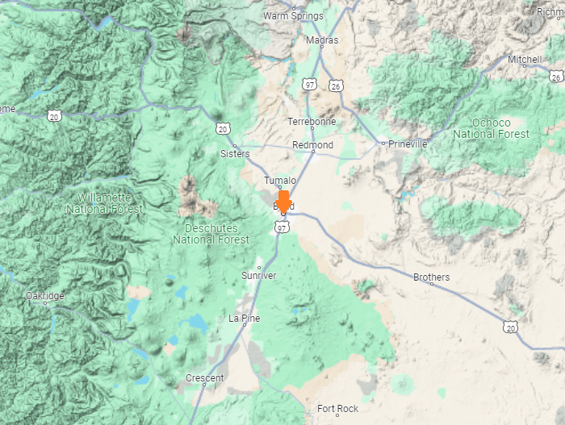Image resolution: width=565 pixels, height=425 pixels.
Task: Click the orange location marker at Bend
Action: click(x=283, y=202)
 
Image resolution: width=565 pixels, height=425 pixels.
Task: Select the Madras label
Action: click(x=322, y=40)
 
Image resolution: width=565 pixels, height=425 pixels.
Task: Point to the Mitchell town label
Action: click(x=525, y=60)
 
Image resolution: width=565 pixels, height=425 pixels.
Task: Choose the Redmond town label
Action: click(x=312, y=145)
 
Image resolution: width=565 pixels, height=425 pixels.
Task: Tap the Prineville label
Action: click(x=407, y=144)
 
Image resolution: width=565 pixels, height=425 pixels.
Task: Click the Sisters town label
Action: click(x=235, y=153)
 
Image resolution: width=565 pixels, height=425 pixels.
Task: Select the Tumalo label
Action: click(x=280, y=181)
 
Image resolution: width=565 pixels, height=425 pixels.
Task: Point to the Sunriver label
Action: click(x=258, y=276)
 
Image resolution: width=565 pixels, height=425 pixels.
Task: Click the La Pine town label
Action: click(x=245, y=319)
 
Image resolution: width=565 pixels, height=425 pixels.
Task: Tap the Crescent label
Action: click(x=204, y=377)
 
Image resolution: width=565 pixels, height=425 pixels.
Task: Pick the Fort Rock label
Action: click(x=337, y=409)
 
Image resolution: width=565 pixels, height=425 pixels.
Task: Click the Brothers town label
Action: click(x=431, y=278)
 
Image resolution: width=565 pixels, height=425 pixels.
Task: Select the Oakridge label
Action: click(x=44, y=296)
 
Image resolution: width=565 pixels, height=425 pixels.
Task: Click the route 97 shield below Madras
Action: click(x=310, y=84)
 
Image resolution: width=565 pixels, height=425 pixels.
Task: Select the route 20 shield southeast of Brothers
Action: click(x=509, y=327)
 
